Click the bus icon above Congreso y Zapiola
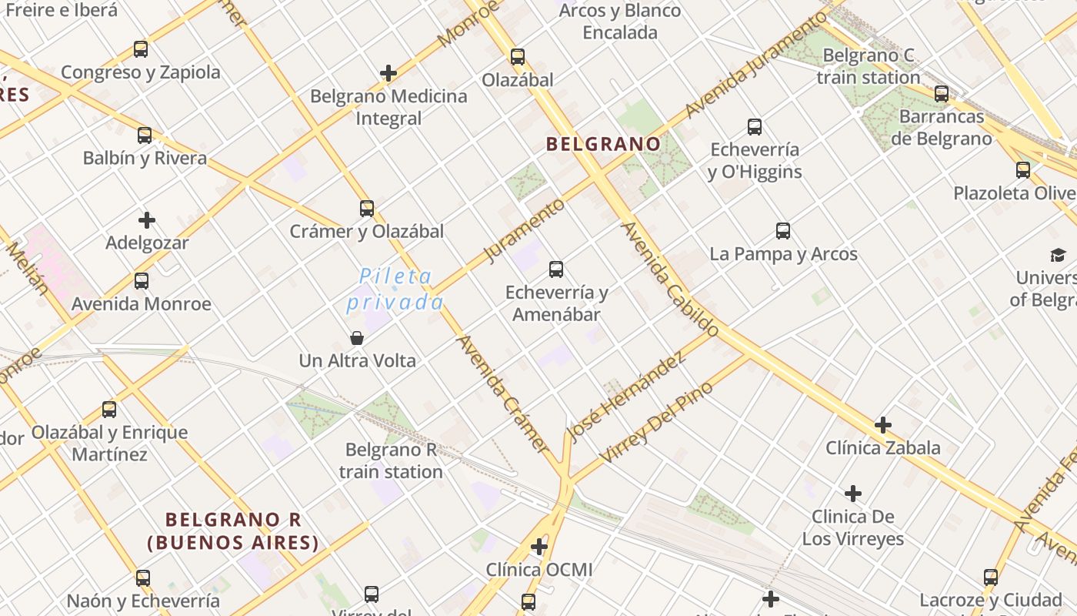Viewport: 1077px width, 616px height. pyautogui.click(x=141, y=49)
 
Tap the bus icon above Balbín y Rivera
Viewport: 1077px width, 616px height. pyautogui.click(x=145, y=136)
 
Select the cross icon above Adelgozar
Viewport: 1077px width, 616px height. pyautogui.click(x=147, y=220)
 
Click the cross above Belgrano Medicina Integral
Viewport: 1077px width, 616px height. pyautogui.click(x=388, y=73)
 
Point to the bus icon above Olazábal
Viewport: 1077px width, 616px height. pyautogui.click(x=518, y=56)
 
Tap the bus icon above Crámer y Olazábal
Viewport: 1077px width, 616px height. pyautogui.click(x=367, y=208)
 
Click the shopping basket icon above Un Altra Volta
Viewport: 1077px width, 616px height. pyautogui.click(x=357, y=338)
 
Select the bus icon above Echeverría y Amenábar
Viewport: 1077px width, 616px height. pyautogui.click(x=556, y=269)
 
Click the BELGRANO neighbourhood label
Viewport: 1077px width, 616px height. pyautogui.click(x=603, y=144)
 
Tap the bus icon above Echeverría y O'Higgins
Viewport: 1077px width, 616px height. pyautogui.click(x=755, y=126)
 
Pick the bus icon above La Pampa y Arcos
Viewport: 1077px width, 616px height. pyautogui.click(x=783, y=230)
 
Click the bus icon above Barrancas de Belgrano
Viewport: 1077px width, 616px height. pyautogui.click(x=942, y=94)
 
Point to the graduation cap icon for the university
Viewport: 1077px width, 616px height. pyautogui.click(x=1059, y=255)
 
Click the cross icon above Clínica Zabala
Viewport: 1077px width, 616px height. pyautogui.click(x=883, y=424)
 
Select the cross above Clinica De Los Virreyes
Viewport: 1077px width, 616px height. pyautogui.click(x=853, y=493)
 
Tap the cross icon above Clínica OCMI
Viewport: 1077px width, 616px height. pyautogui.click(x=539, y=547)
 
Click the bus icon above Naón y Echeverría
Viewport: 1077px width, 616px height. pyautogui.click(x=143, y=577)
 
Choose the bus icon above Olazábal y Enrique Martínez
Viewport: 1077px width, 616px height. pyautogui.click(x=109, y=409)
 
